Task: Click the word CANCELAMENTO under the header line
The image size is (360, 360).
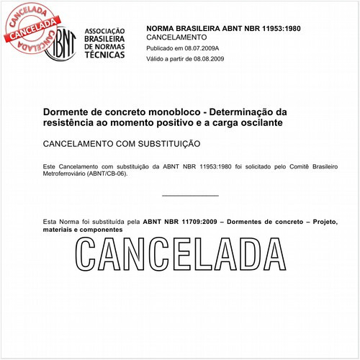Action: tap(176, 37)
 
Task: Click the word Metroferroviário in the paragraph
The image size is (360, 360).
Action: tap(66, 174)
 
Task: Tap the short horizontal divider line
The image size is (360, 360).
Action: tap(190, 195)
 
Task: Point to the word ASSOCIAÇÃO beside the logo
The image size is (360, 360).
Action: tap(105, 31)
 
